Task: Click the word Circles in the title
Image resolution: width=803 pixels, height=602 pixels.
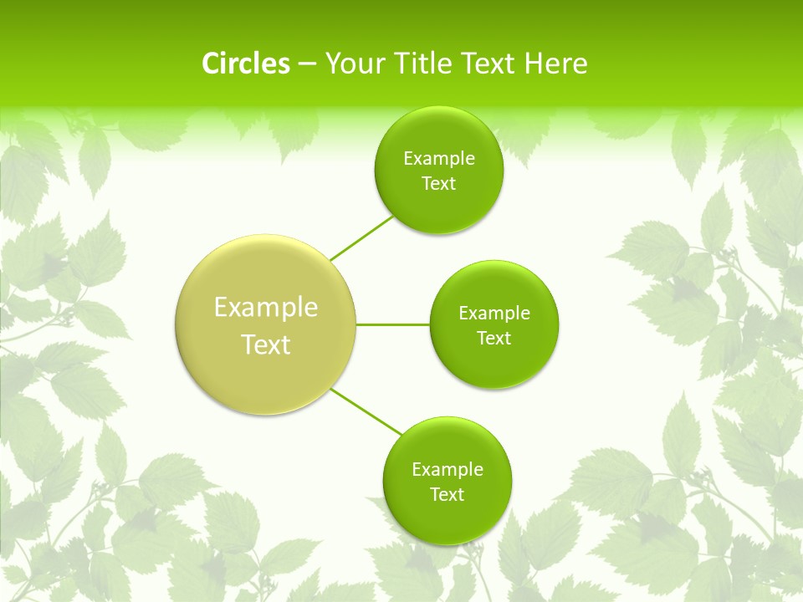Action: tap(245, 64)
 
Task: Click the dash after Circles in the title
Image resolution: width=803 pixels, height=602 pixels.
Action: tap(307, 64)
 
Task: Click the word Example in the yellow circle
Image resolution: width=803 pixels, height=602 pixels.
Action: tap(266, 308)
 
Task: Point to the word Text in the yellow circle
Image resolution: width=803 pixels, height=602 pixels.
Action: tap(266, 344)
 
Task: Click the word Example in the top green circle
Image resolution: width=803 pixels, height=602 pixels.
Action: tap(438, 159)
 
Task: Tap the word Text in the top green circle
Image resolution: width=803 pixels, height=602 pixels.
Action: tap(438, 184)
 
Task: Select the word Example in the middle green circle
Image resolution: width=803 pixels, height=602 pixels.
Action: tap(494, 314)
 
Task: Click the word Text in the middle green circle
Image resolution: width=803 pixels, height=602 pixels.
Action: tap(494, 339)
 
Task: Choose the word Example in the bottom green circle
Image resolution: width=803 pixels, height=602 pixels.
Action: tap(447, 470)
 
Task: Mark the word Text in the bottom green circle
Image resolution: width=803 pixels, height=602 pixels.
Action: tap(447, 495)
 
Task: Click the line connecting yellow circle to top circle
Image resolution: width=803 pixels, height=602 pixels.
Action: tap(361, 237)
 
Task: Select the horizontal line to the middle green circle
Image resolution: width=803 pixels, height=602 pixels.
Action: tap(393, 324)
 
